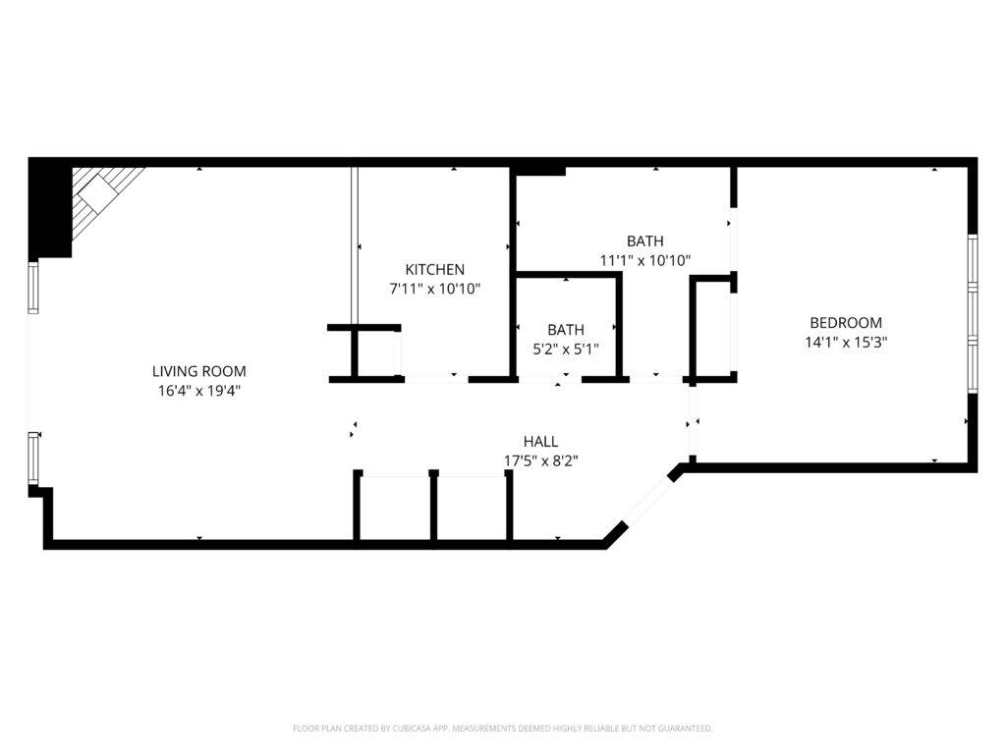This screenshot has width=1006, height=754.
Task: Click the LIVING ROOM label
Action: click(198, 371)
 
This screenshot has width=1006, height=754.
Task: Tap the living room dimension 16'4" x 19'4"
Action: click(198, 390)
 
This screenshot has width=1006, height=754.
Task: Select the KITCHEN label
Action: click(434, 269)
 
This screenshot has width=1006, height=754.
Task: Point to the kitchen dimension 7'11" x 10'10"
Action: click(434, 289)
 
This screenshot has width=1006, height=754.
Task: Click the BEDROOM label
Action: click(845, 322)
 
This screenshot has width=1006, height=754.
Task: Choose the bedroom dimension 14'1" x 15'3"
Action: click(845, 342)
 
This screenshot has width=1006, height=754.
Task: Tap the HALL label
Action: click(540, 442)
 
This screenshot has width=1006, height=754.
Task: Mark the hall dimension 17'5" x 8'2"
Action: click(540, 460)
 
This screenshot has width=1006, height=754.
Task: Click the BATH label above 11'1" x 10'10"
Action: click(644, 241)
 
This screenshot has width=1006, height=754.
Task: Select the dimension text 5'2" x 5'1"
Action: click(566, 349)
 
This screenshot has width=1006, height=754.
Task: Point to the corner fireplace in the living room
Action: click(104, 196)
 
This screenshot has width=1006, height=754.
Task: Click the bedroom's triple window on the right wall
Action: click(972, 314)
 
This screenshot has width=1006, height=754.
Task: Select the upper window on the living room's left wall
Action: click(33, 288)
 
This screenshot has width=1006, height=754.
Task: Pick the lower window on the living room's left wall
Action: click(33, 458)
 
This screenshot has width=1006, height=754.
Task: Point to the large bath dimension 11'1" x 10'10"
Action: click(644, 260)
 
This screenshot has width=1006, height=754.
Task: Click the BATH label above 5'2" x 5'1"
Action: click(566, 330)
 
